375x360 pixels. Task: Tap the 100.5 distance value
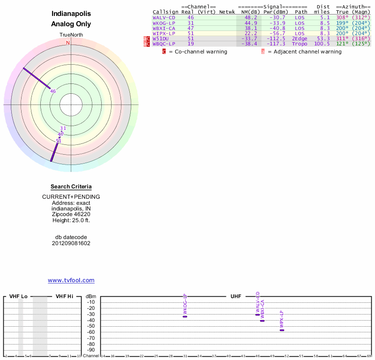(322, 44)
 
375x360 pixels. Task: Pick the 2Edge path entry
(299, 38)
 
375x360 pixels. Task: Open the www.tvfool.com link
(71, 280)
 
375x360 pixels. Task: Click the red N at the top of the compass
(68, 43)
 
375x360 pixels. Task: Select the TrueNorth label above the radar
(71, 35)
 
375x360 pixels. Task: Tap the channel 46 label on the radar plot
(53, 91)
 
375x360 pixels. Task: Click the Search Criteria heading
(71, 187)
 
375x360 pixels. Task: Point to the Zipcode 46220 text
(71, 214)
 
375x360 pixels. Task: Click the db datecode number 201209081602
(71, 243)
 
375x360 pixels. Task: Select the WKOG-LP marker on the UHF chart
(185, 316)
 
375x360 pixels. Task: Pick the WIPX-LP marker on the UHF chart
(282, 330)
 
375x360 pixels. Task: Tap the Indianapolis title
(71, 14)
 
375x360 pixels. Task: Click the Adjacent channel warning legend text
(307, 52)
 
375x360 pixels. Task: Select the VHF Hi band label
(64, 296)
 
